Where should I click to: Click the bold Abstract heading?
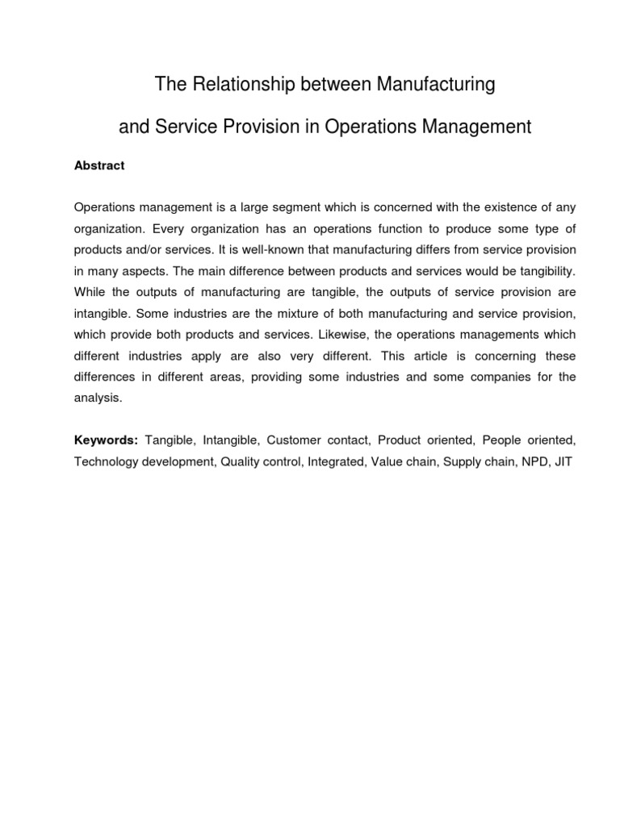99,165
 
